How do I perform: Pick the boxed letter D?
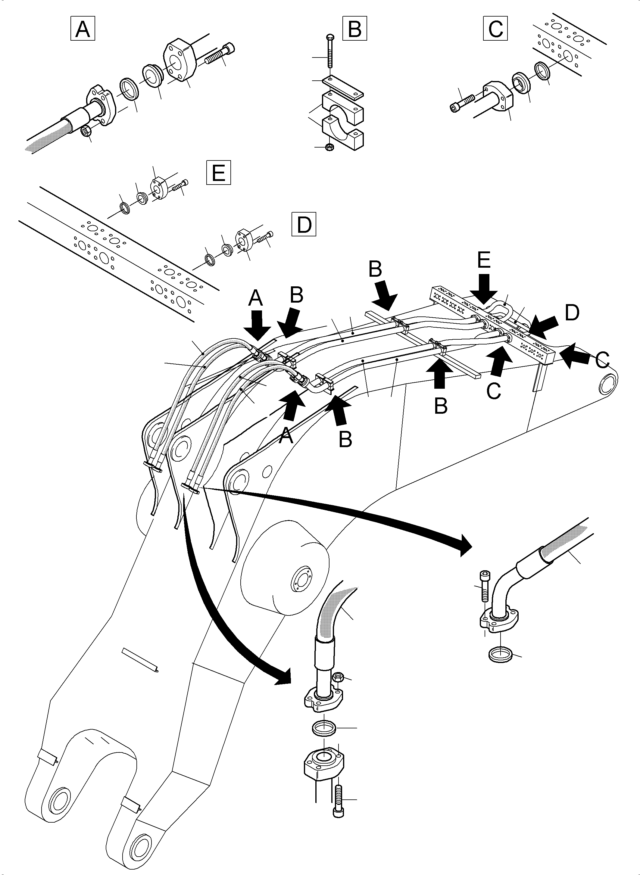pos(304,224)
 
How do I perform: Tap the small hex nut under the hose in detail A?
pos(86,132)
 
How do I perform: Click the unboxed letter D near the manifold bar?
pos(572,313)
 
